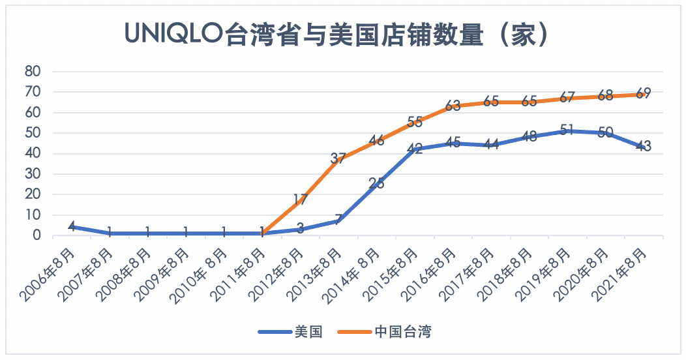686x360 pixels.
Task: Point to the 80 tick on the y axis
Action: coord(33,72)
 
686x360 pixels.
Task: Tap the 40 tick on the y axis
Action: coord(33,154)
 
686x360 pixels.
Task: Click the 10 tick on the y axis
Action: coord(33,215)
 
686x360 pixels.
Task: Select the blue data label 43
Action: coord(644,147)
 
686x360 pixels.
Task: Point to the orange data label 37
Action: coord(338,158)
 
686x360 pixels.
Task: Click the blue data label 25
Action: coord(376,183)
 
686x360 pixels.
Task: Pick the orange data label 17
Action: coord(300,200)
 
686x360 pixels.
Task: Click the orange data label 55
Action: coord(415,122)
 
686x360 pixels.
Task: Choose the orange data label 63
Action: coord(453,106)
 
